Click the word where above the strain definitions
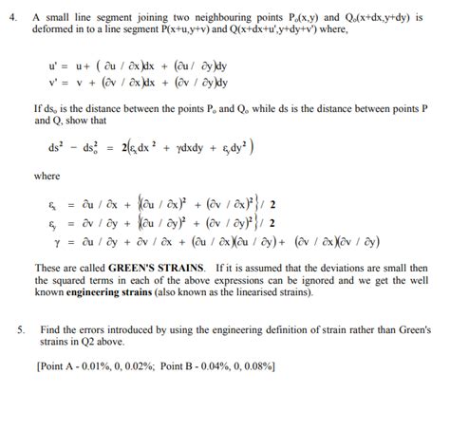click(47, 177)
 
